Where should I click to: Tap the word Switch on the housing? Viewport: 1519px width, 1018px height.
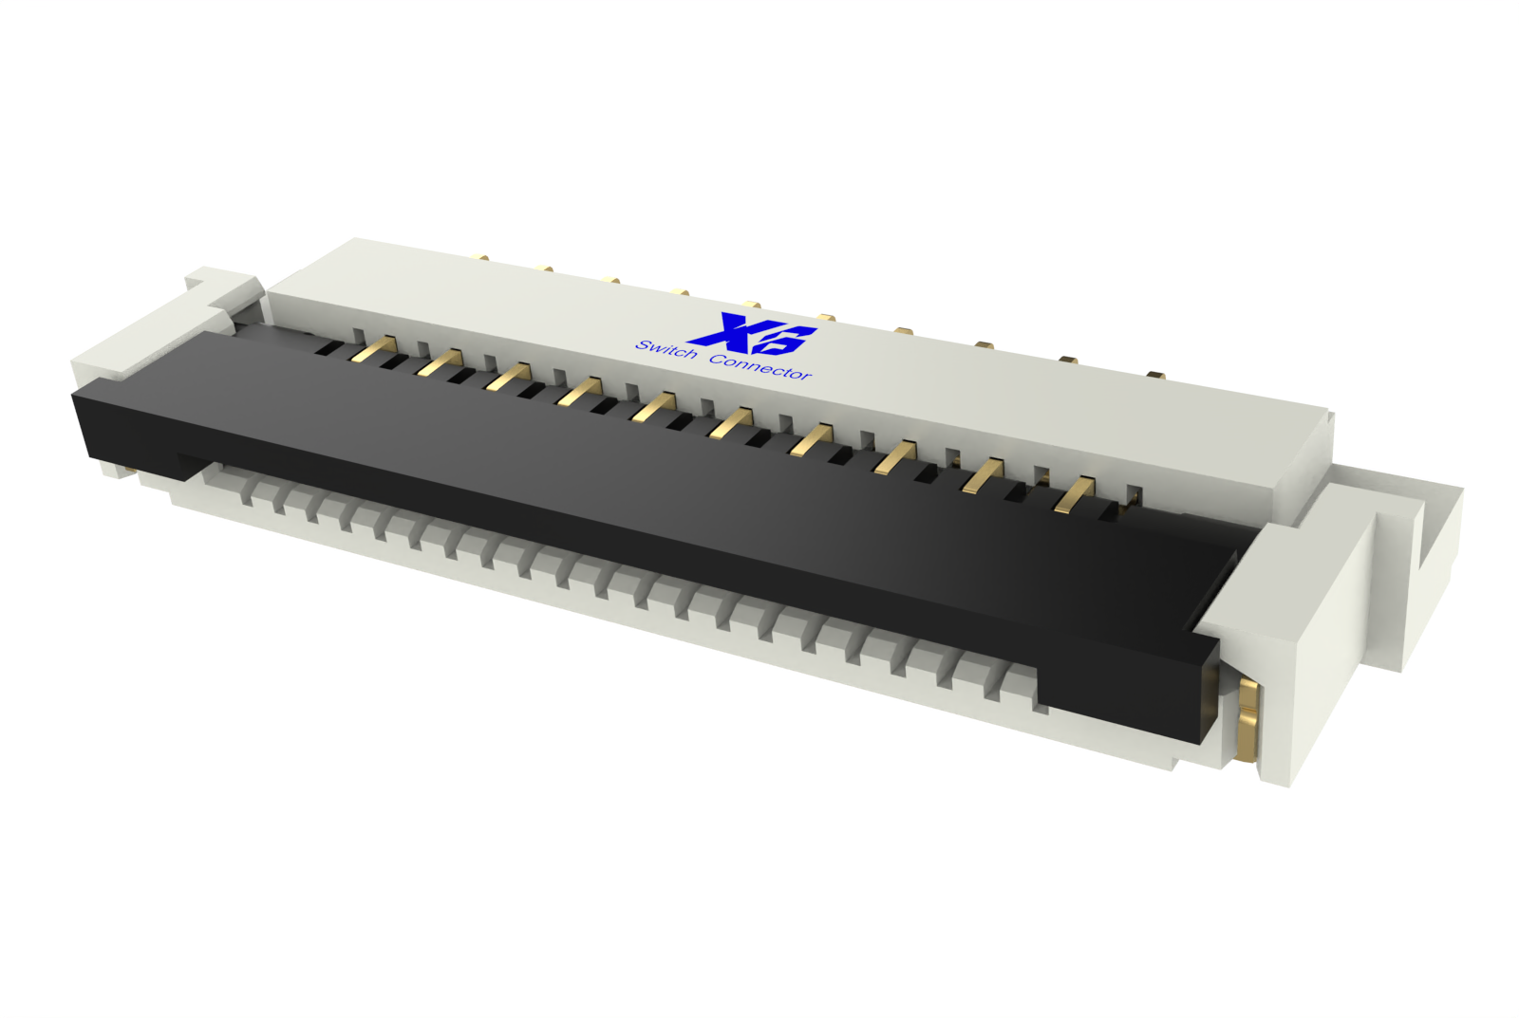pyautogui.click(x=666, y=350)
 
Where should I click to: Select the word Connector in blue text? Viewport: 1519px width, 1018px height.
pyautogui.click(x=759, y=367)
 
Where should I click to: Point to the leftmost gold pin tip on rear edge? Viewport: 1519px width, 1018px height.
pyautogui.click(x=481, y=257)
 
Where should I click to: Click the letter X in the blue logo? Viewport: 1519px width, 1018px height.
pyautogui.click(x=727, y=330)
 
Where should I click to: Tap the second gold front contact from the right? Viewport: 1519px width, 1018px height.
pyautogui.click(x=983, y=475)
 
